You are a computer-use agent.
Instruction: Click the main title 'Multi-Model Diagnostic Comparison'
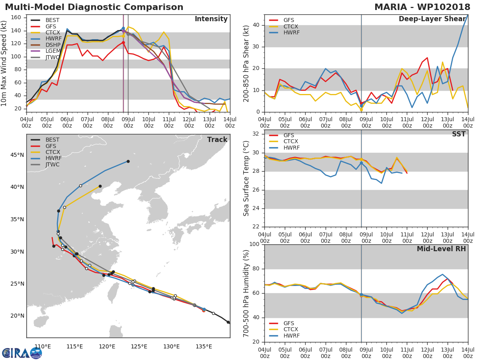[x=94, y=7]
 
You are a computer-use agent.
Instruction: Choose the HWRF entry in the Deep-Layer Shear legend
[x=291, y=33]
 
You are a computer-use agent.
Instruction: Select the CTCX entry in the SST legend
[x=290, y=142]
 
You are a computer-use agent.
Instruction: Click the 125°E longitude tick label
[x=139, y=346]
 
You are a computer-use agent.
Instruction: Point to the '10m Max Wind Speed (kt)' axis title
[x=4, y=64]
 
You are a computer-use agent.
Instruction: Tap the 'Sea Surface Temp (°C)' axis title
[x=246, y=178]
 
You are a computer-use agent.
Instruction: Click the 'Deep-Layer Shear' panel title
[x=432, y=19]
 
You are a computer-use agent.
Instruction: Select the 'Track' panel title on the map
[x=217, y=140]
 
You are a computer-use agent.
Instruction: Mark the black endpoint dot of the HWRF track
[x=128, y=161]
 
